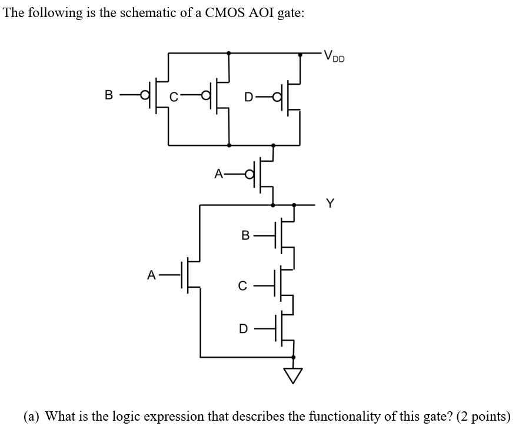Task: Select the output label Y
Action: coord(330,204)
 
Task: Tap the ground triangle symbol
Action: coord(294,374)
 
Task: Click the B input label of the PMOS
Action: coord(108,94)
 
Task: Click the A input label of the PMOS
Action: coord(219,174)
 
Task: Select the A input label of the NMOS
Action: coord(152,274)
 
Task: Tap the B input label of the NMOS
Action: coord(246,236)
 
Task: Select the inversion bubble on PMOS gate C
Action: coord(205,95)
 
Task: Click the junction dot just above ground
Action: coord(294,357)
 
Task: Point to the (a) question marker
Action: coord(32,417)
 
